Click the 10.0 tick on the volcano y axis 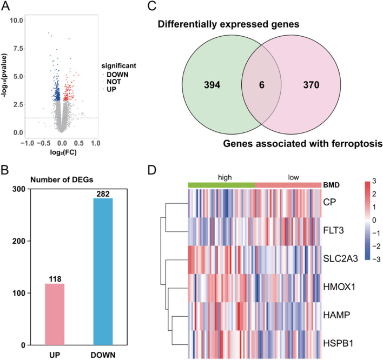[17, 20]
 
